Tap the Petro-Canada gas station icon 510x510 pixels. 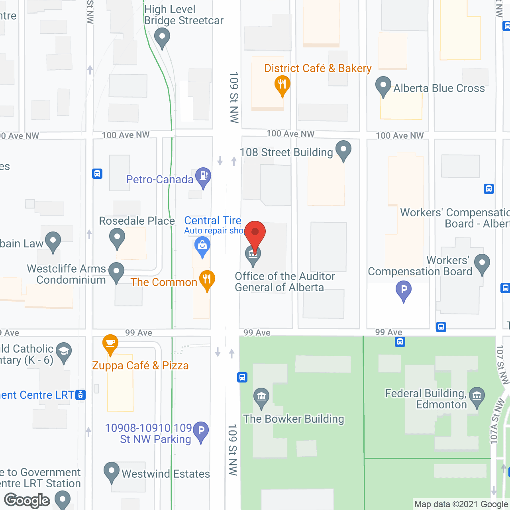(203, 176)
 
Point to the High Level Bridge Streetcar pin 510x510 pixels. (162, 37)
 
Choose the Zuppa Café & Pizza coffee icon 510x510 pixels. (110, 343)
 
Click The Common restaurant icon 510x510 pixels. (207, 279)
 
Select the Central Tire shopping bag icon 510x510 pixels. (202, 245)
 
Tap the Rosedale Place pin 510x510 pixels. (117, 237)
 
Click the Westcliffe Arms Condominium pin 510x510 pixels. (116, 272)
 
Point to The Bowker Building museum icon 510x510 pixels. (261, 397)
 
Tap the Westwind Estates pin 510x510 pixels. (112, 471)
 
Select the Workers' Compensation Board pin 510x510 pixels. (482, 263)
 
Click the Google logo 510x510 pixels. (27, 500)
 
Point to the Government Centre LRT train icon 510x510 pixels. (80, 395)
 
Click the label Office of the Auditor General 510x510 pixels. (284, 282)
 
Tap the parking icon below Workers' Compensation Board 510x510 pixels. (404, 290)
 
